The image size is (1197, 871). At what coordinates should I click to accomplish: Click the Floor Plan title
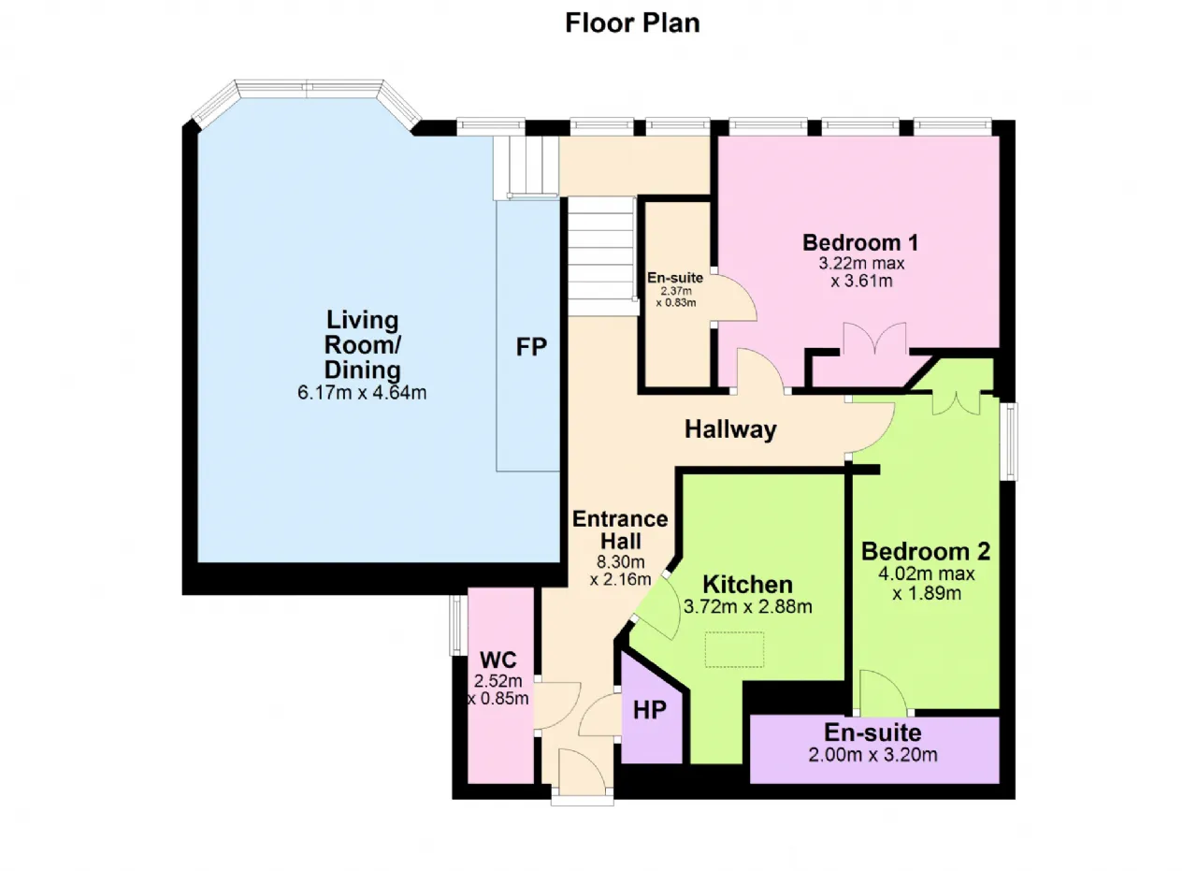(632, 22)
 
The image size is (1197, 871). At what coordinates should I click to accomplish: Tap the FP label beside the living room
(531, 347)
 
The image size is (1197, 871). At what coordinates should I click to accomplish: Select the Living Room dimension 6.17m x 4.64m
(362, 393)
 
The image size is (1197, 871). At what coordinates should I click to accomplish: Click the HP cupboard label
(649, 710)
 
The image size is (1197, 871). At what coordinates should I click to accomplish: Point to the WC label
(499, 660)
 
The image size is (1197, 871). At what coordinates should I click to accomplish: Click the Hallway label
(730, 429)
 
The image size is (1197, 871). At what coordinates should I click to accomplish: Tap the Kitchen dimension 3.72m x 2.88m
(747, 606)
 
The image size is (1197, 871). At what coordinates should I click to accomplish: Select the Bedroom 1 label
(860, 242)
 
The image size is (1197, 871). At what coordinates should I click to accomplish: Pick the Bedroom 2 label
(925, 550)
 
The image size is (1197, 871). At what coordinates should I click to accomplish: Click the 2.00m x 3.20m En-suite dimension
(873, 755)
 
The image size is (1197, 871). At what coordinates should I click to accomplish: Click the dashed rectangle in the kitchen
(734, 649)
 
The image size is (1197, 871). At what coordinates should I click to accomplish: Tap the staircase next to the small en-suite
(601, 256)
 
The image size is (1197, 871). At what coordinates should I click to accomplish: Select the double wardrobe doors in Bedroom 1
(873, 341)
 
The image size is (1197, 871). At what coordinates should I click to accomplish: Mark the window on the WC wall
(455, 624)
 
